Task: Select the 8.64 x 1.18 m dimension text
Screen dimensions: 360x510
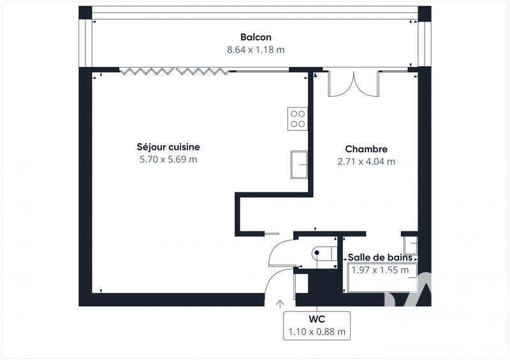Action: tap(256, 49)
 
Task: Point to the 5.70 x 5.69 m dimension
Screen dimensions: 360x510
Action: tap(168, 159)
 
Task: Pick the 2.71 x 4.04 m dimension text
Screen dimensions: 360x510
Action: tap(366, 161)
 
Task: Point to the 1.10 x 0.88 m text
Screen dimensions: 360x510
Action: tap(317, 331)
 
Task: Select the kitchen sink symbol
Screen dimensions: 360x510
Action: tap(299, 164)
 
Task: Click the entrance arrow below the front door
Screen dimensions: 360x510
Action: tap(279, 303)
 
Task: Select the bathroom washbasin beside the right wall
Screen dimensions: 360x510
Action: tap(411, 245)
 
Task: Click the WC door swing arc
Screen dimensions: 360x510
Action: tap(279, 254)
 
